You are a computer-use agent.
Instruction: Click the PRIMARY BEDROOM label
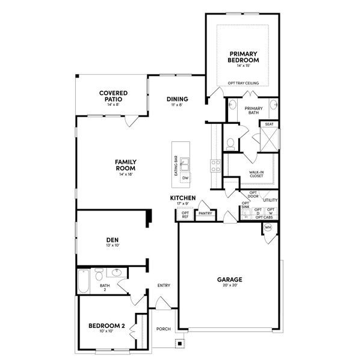[243, 57]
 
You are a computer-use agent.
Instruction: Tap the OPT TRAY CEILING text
[243, 84]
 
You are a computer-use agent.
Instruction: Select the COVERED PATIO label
[113, 96]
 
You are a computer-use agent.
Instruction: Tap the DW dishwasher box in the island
[185, 179]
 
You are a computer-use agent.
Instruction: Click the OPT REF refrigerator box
[185, 215]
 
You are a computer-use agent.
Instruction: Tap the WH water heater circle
[268, 227]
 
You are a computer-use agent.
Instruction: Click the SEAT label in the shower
[269, 124]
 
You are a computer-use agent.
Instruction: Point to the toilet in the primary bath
[230, 144]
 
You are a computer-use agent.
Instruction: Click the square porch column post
[178, 344]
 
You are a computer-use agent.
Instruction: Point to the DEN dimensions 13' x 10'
[113, 246]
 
